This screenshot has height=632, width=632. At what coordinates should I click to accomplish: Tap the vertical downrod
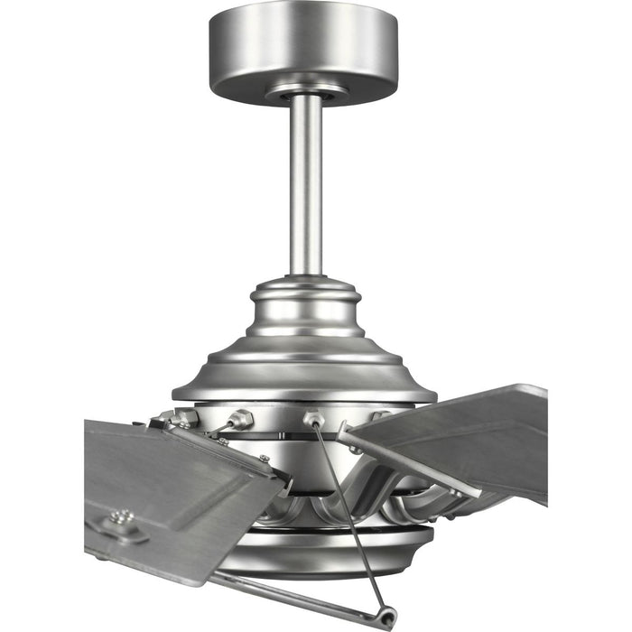(307, 181)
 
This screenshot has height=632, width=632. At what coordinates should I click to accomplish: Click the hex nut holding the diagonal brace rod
(314, 419)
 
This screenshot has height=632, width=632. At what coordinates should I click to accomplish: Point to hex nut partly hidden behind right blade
(380, 417)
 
